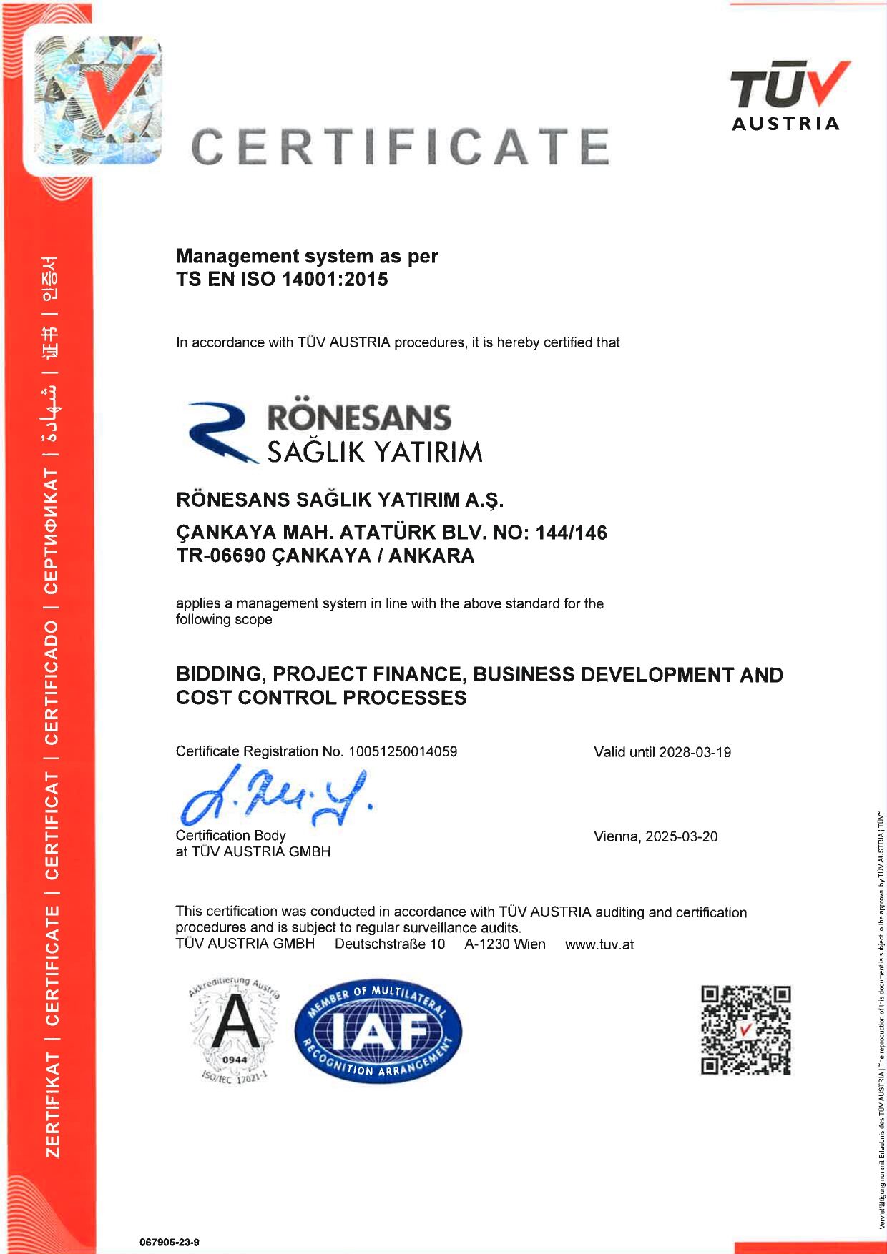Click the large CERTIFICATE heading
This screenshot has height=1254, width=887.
coord(401,147)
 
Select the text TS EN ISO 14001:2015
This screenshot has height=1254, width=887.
coord(282,279)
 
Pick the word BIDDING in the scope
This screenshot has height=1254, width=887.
coord(220,674)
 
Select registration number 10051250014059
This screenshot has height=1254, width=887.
coord(403,751)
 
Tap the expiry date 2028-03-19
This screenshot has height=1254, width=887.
coord(695,752)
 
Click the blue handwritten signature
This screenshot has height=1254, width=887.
coord(275,796)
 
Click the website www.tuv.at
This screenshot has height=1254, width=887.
coord(599,944)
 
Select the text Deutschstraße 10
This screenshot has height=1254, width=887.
coord(390,944)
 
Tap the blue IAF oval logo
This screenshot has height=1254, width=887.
coord(378,1031)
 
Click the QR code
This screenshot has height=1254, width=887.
coord(746,1030)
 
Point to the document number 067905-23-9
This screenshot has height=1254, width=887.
coord(170,1242)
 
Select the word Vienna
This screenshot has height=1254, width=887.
coord(616,836)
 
